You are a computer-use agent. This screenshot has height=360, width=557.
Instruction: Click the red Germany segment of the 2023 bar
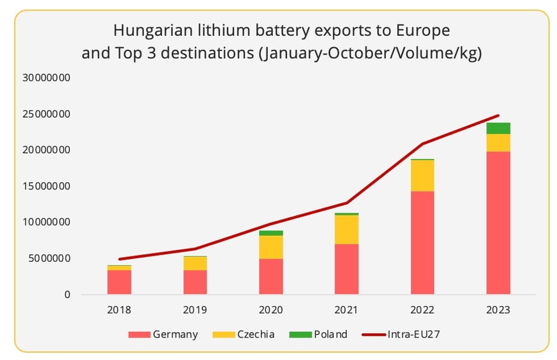[x=498, y=222]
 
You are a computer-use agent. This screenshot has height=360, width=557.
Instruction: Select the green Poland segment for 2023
[x=498, y=128]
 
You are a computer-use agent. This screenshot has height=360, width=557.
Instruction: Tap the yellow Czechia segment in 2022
[x=422, y=176]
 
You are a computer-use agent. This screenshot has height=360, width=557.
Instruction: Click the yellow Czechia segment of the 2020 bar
[x=270, y=247]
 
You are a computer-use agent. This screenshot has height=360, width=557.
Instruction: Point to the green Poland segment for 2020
[x=270, y=233]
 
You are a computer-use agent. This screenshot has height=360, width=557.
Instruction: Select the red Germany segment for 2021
[x=347, y=269]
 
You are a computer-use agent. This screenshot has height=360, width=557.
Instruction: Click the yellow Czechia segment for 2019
[x=195, y=263]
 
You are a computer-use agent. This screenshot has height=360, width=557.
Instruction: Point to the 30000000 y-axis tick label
[x=46, y=78]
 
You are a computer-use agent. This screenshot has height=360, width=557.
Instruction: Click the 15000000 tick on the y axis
[x=46, y=186]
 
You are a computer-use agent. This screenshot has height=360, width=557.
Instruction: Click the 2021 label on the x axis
[x=347, y=311]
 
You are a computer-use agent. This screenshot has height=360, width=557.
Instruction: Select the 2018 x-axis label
[x=119, y=311]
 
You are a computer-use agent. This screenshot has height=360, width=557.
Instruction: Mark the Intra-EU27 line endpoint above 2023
[x=498, y=116]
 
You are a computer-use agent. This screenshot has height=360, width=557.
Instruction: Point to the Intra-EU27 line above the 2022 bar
[x=422, y=143]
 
